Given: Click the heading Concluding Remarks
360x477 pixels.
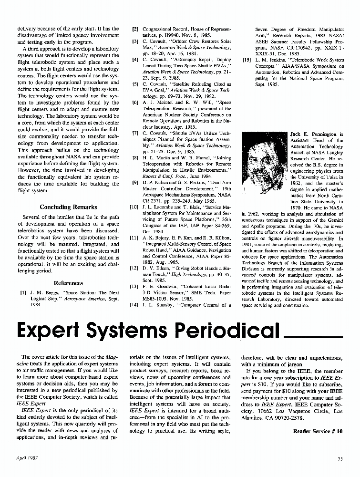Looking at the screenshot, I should pyautogui.click(x=69, y=207).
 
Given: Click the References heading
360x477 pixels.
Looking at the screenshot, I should pyautogui.click(x=69, y=283).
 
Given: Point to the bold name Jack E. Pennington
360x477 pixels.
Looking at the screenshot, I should pyautogui.click(x=317, y=135).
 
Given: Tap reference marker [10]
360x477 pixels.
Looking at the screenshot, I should pyautogui.click(x=134, y=208).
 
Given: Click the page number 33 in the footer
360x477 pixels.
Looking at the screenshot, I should pyautogui.click(x=340, y=459).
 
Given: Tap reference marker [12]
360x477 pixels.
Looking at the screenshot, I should pyautogui.click(x=134, y=268).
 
